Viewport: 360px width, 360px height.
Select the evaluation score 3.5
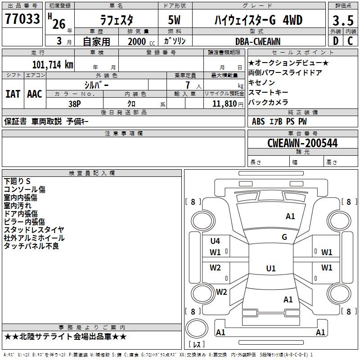click(x=342, y=21)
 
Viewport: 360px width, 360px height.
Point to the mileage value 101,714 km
click(x=53, y=64)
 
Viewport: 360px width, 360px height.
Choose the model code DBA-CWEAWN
click(x=258, y=41)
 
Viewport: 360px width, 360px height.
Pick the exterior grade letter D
click(x=335, y=41)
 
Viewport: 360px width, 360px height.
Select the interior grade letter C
click(x=350, y=41)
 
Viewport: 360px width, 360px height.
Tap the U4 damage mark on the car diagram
click(x=215, y=241)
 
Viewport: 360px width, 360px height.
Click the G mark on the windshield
click(x=284, y=237)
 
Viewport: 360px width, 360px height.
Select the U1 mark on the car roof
click(x=271, y=269)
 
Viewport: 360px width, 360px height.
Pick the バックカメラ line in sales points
click(x=268, y=102)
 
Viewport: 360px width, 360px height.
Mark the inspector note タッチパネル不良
click(x=31, y=246)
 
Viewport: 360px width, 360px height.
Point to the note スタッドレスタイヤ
click(x=34, y=230)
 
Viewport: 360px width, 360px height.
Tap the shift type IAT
click(x=13, y=94)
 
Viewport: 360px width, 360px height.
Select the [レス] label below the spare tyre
click(x=199, y=344)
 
